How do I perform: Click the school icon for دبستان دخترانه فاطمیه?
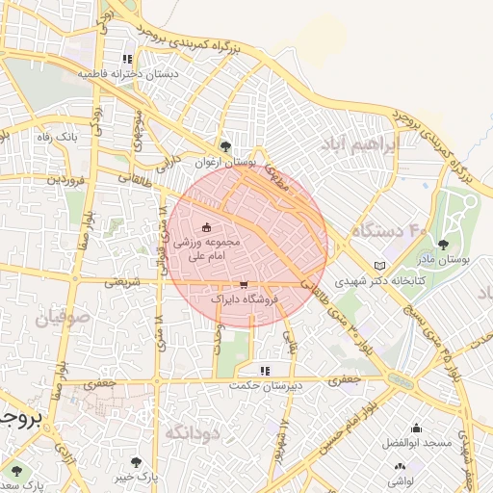[x=127, y=58]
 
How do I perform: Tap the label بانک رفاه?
[x=57, y=139]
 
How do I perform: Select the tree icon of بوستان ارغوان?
[x=225, y=146]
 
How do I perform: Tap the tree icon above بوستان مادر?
[x=443, y=245]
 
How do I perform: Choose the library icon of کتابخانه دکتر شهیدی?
[x=378, y=266]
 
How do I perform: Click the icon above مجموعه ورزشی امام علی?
[x=207, y=228]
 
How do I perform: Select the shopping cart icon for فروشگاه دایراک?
[x=244, y=285]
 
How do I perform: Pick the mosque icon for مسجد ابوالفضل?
[x=416, y=428]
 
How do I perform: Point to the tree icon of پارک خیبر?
[x=135, y=462]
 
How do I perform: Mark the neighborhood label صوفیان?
[x=64, y=315]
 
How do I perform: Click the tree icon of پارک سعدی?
[x=14, y=470]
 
